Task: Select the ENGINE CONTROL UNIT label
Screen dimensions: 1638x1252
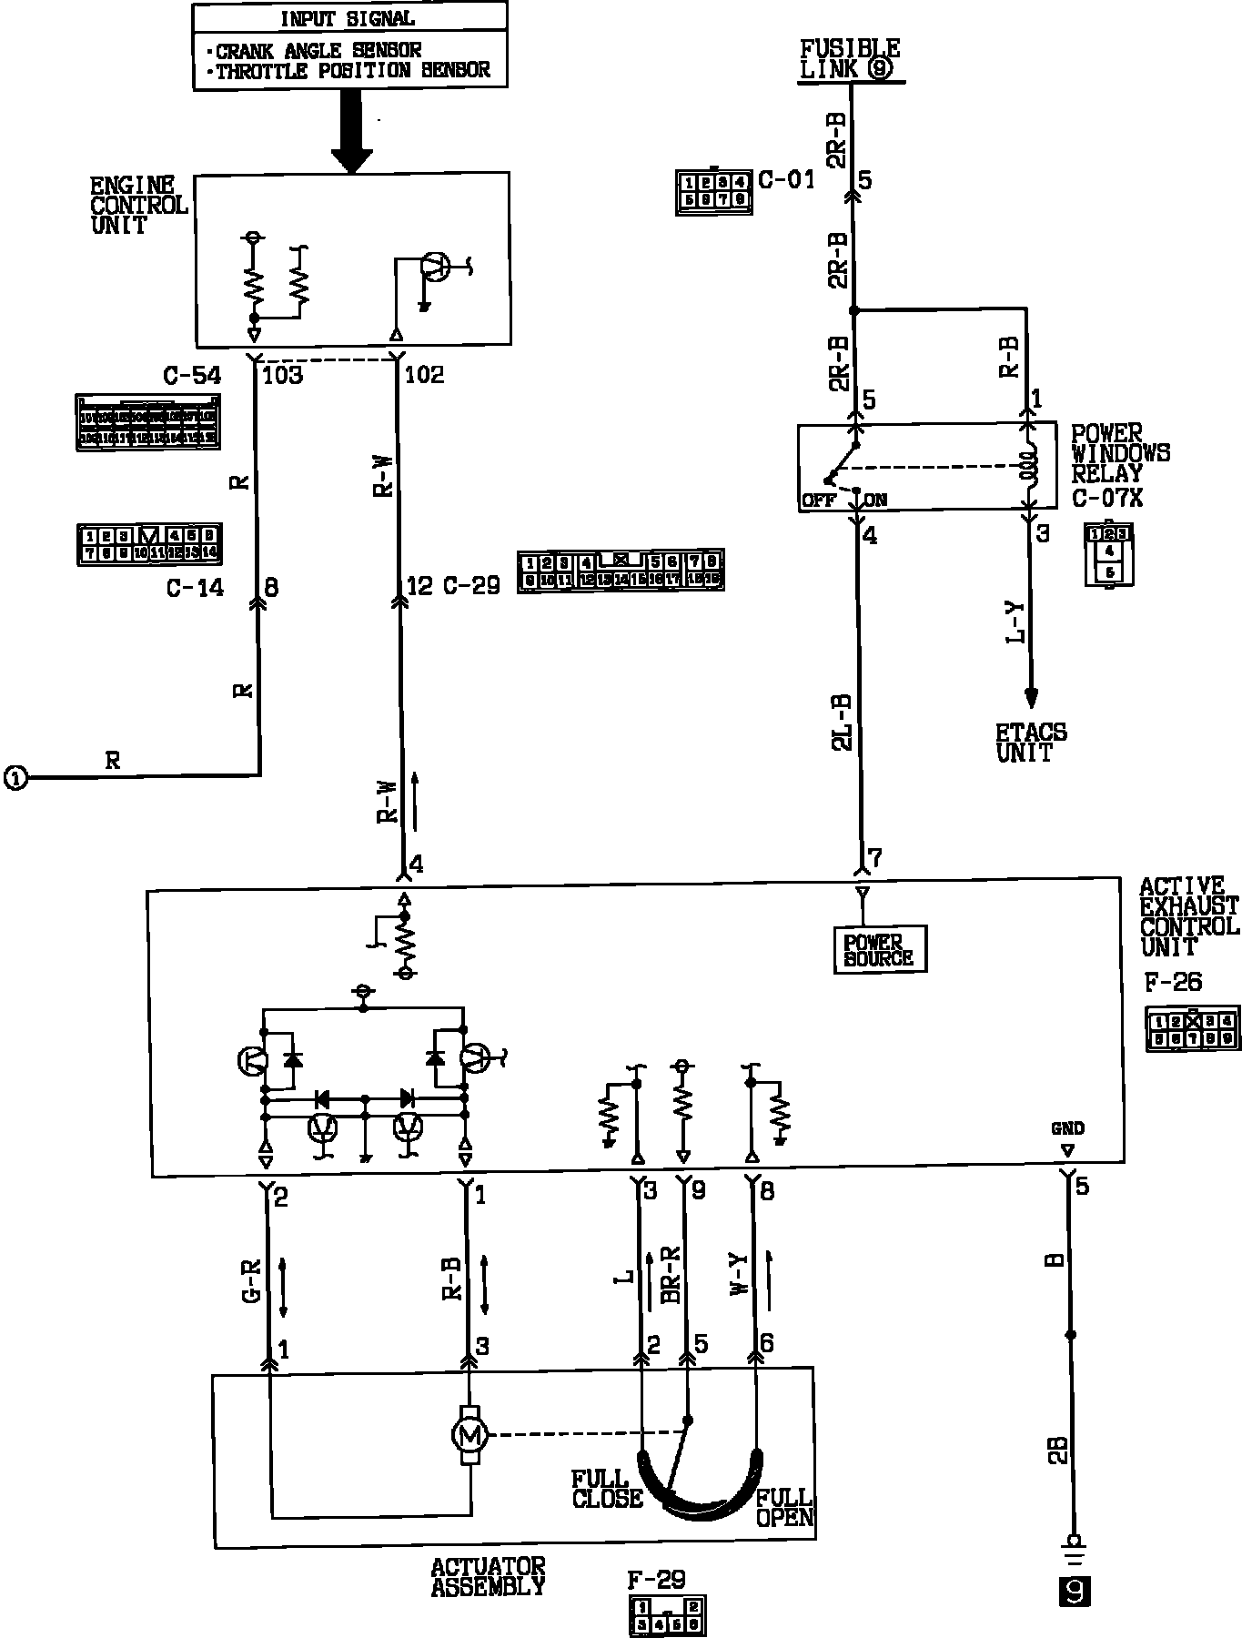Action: [138, 205]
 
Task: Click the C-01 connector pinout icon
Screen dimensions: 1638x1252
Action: [714, 190]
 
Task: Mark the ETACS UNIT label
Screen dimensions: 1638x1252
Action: [1031, 743]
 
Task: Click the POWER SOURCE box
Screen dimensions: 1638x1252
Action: [879, 950]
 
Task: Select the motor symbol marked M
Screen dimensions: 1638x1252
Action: [469, 1436]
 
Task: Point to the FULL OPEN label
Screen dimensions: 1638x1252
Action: [784, 1507]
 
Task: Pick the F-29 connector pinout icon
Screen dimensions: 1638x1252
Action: [667, 1615]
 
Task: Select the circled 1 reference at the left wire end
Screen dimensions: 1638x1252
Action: [16, 778]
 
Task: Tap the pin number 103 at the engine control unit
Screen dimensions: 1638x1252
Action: [282, 375]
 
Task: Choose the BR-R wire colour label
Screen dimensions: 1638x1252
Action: [671, 1275]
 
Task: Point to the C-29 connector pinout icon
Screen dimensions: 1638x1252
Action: [621, 571]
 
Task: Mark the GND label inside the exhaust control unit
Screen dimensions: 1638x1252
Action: [1067, 1128]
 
